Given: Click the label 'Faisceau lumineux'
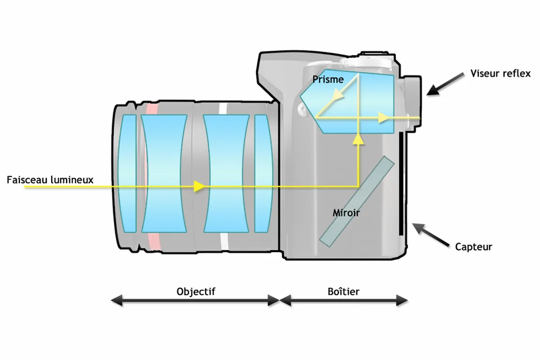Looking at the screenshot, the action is [x=50, y=180].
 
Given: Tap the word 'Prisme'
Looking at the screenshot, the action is [x=328, y=79].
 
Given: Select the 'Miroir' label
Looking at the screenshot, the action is [x=346, y=213].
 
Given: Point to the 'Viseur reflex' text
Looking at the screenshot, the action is [x=500, y=73].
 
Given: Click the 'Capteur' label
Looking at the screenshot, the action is [x=473, y=247].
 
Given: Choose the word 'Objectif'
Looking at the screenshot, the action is [x=196, y=292].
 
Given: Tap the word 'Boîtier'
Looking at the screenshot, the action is [x=343, y=292].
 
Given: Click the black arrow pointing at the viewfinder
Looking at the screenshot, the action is [x=445, y=84].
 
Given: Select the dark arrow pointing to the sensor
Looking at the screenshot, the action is [x=431, y=235].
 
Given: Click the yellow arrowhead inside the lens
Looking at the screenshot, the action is [x=199, y=186].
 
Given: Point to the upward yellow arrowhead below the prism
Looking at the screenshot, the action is [x=359, y=139].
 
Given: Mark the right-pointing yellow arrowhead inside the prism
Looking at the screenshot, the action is [x=383, y=117].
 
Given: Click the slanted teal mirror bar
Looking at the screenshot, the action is [x=357, y=201].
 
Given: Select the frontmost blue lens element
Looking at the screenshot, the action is [x=127, y=174].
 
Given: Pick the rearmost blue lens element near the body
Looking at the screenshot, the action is [x=264, y=174].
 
